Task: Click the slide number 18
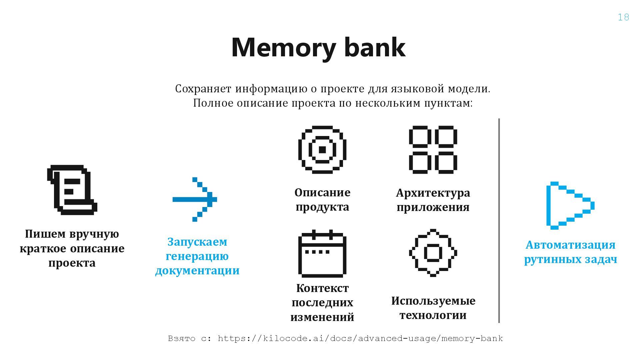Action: [623, 17]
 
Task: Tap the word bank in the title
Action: [375, 47]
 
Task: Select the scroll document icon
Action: [72, 189]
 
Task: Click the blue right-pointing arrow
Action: [195, 199]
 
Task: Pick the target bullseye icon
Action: [322, 150]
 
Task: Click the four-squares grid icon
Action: [433, 150]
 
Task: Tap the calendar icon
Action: [322, 253]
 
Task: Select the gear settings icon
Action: [433, 253]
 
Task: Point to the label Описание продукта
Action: [322, 200]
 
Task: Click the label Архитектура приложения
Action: [433, 200]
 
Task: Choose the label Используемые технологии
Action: [433, 308]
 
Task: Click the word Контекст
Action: [322, 288]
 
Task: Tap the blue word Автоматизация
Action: [570, 245]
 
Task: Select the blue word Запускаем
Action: [197, 242]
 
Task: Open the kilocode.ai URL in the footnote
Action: [360, 339]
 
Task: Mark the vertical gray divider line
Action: [499, 220]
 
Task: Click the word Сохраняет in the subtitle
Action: [203, 89]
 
